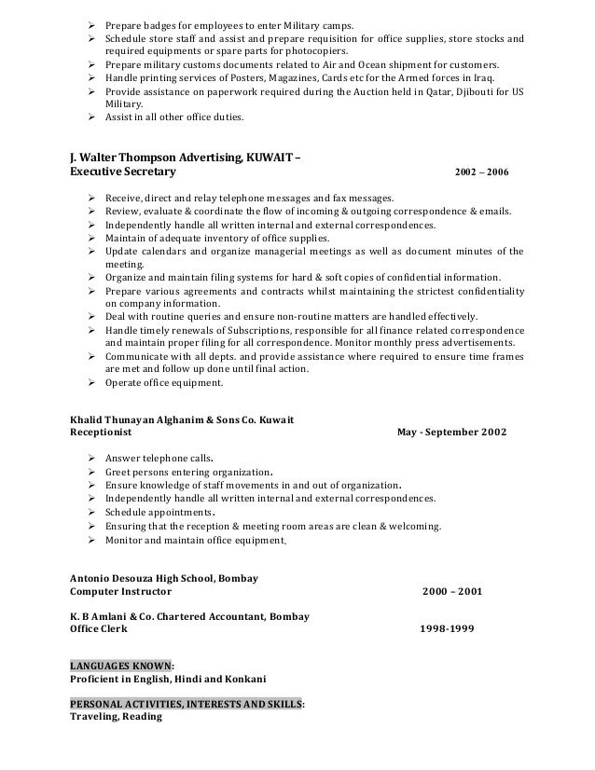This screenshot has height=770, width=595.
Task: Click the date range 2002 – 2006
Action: [x=481, y=172]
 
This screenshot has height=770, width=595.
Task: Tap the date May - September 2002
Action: [x=452, y=433]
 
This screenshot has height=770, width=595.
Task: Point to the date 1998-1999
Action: [x=449, y=628]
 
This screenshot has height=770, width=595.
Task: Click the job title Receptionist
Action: [x=102, y=433]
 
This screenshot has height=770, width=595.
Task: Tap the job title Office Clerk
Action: [x=100, y=628]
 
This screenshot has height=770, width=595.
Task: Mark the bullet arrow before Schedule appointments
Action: [x=91, y=513]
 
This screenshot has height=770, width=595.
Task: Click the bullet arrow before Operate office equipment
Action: [x=91, y=382]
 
